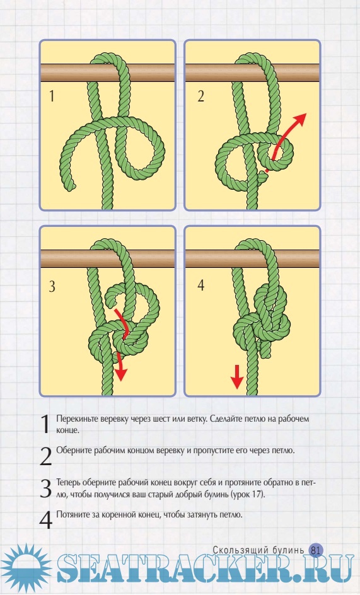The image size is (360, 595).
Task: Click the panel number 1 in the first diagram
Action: pos(52,96)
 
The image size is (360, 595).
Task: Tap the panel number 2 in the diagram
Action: pos(201,96)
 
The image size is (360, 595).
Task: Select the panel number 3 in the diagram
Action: pos(52,286)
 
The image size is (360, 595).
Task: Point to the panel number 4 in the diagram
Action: pos(201,285)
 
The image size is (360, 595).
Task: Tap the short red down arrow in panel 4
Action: pos(237,376)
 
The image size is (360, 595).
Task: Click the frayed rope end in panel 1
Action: pos(72,186)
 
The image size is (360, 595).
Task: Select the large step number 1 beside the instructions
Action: pos(45,424)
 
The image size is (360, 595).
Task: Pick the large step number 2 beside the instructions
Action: pos(45,456)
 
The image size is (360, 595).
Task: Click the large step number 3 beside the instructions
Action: pos(45,488)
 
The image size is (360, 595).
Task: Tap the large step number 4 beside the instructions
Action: pos(45,520)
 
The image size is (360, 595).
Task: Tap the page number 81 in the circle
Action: pos(316,550)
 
